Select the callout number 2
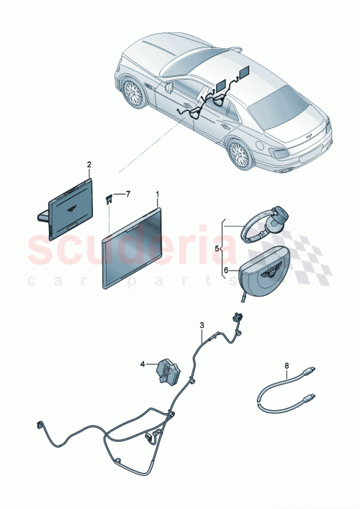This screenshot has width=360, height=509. [x=89, y=165]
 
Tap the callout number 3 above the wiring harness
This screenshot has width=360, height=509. [x=202, y=326]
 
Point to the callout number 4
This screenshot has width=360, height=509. [x=143, y=364]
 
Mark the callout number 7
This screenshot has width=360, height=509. [x=128, y=194]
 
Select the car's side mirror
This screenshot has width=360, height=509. [x=168, y=87]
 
